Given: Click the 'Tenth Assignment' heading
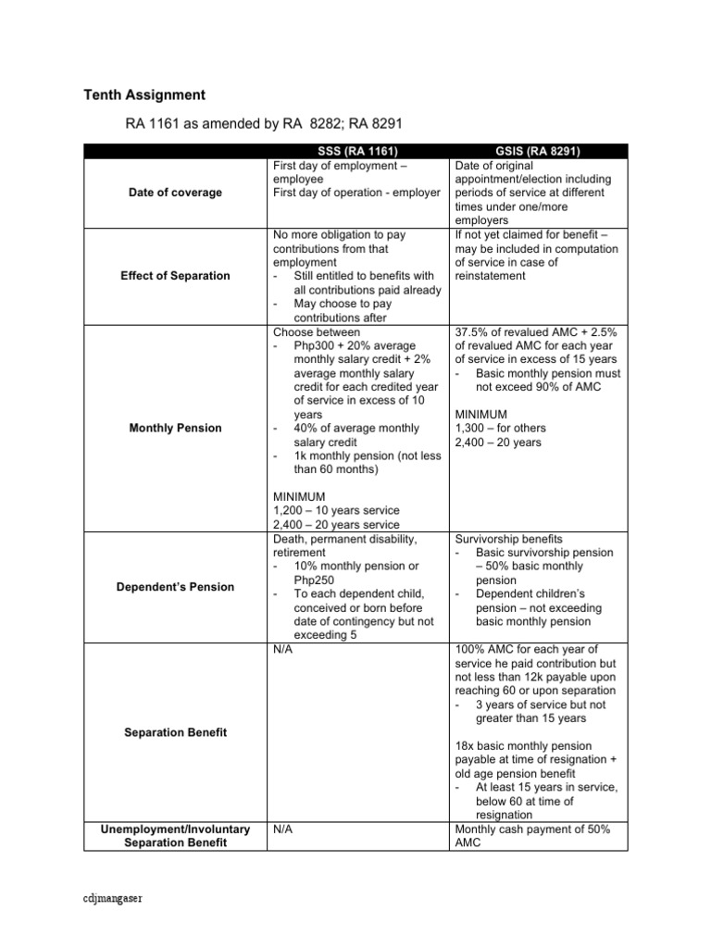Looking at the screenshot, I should (x=144, y=95).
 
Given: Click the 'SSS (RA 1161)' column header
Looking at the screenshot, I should (x=356, y=151).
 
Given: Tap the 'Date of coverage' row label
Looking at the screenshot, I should (x=175, y=193).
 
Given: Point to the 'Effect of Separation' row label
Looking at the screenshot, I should (x=175, y=276).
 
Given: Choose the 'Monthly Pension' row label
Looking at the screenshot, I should (x=175, y=428).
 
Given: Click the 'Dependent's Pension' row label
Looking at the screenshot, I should (x=175, y=587).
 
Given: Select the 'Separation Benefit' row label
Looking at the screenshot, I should (x=175, y=732).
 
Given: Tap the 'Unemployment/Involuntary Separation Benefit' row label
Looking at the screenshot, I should (x=175, y=836).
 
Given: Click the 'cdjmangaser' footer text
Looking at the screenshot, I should (x=116, y=898).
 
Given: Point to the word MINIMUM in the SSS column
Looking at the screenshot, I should (x=299, y=496).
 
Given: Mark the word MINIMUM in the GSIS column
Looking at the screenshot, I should (x=481, y=414).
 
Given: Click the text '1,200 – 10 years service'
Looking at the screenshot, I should (x=336, y=510).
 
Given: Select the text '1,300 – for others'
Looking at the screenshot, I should (x=501, y=428).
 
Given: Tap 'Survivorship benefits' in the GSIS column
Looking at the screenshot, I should (x=508, y=539).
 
